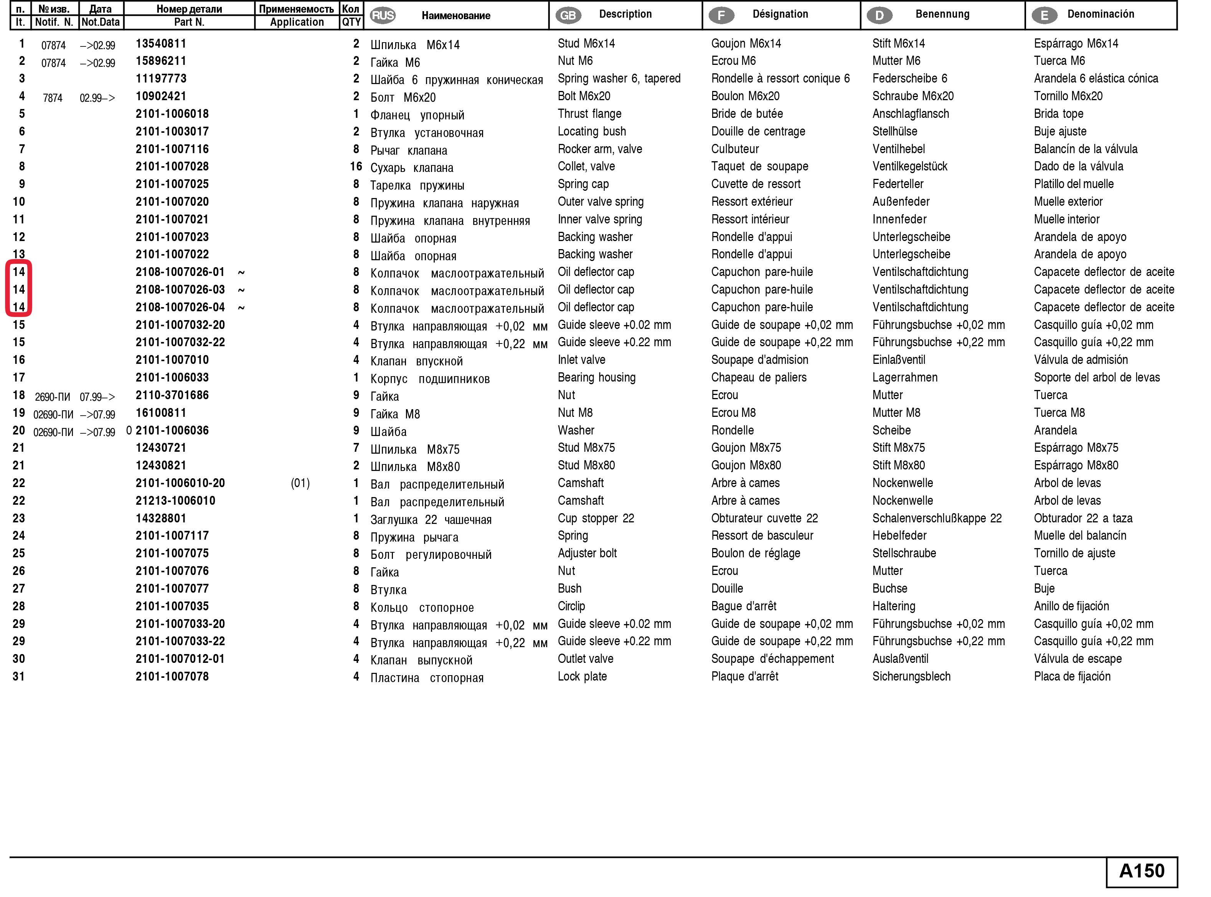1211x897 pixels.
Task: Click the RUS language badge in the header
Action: point(383,15)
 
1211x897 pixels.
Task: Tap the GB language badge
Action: point(568,15)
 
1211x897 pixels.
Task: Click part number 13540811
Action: point(161,43)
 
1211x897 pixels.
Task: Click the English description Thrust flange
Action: point(589,114)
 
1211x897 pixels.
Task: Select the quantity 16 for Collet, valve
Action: point(356,167)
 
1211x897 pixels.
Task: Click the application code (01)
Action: point(300,483)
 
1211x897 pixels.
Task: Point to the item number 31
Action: point(19,676)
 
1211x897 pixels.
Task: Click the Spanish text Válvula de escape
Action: point(1077,659)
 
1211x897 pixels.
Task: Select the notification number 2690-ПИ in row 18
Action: point(53,397)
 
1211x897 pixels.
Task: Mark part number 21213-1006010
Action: point(175,501)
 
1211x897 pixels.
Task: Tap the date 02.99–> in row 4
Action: point(97,98)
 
